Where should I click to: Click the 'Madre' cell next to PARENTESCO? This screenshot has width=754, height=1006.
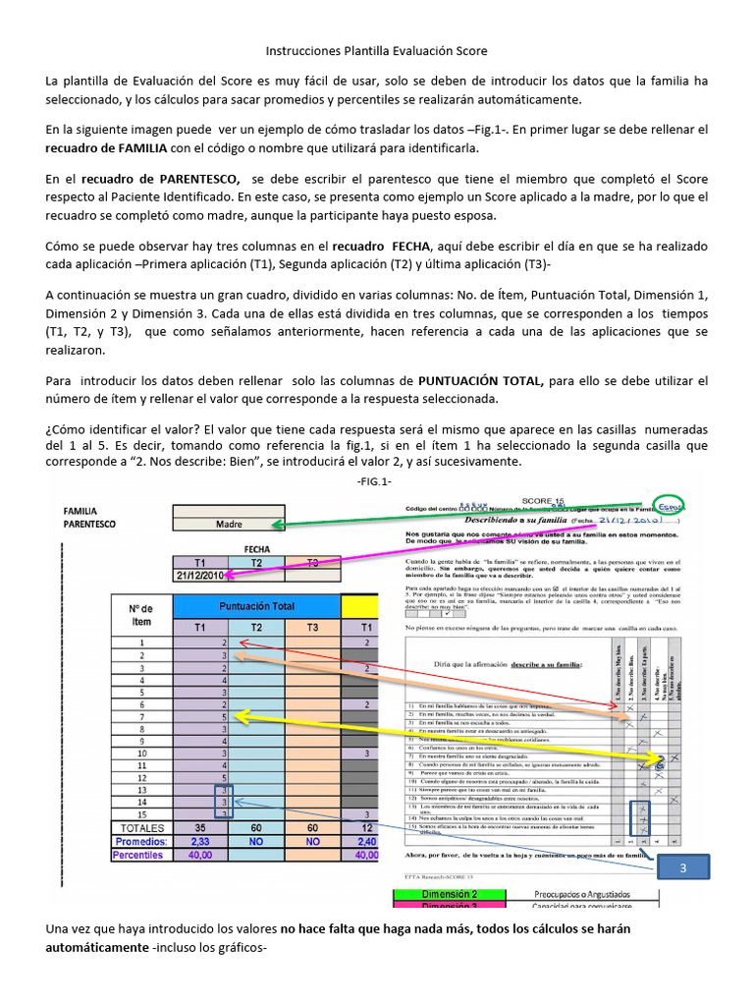pos(229,525)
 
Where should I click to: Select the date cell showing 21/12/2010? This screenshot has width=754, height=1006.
pos(199,575)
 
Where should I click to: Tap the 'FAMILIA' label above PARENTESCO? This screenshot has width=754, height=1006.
pos(81,512)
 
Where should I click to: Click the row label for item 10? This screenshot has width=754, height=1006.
pos(141,754)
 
